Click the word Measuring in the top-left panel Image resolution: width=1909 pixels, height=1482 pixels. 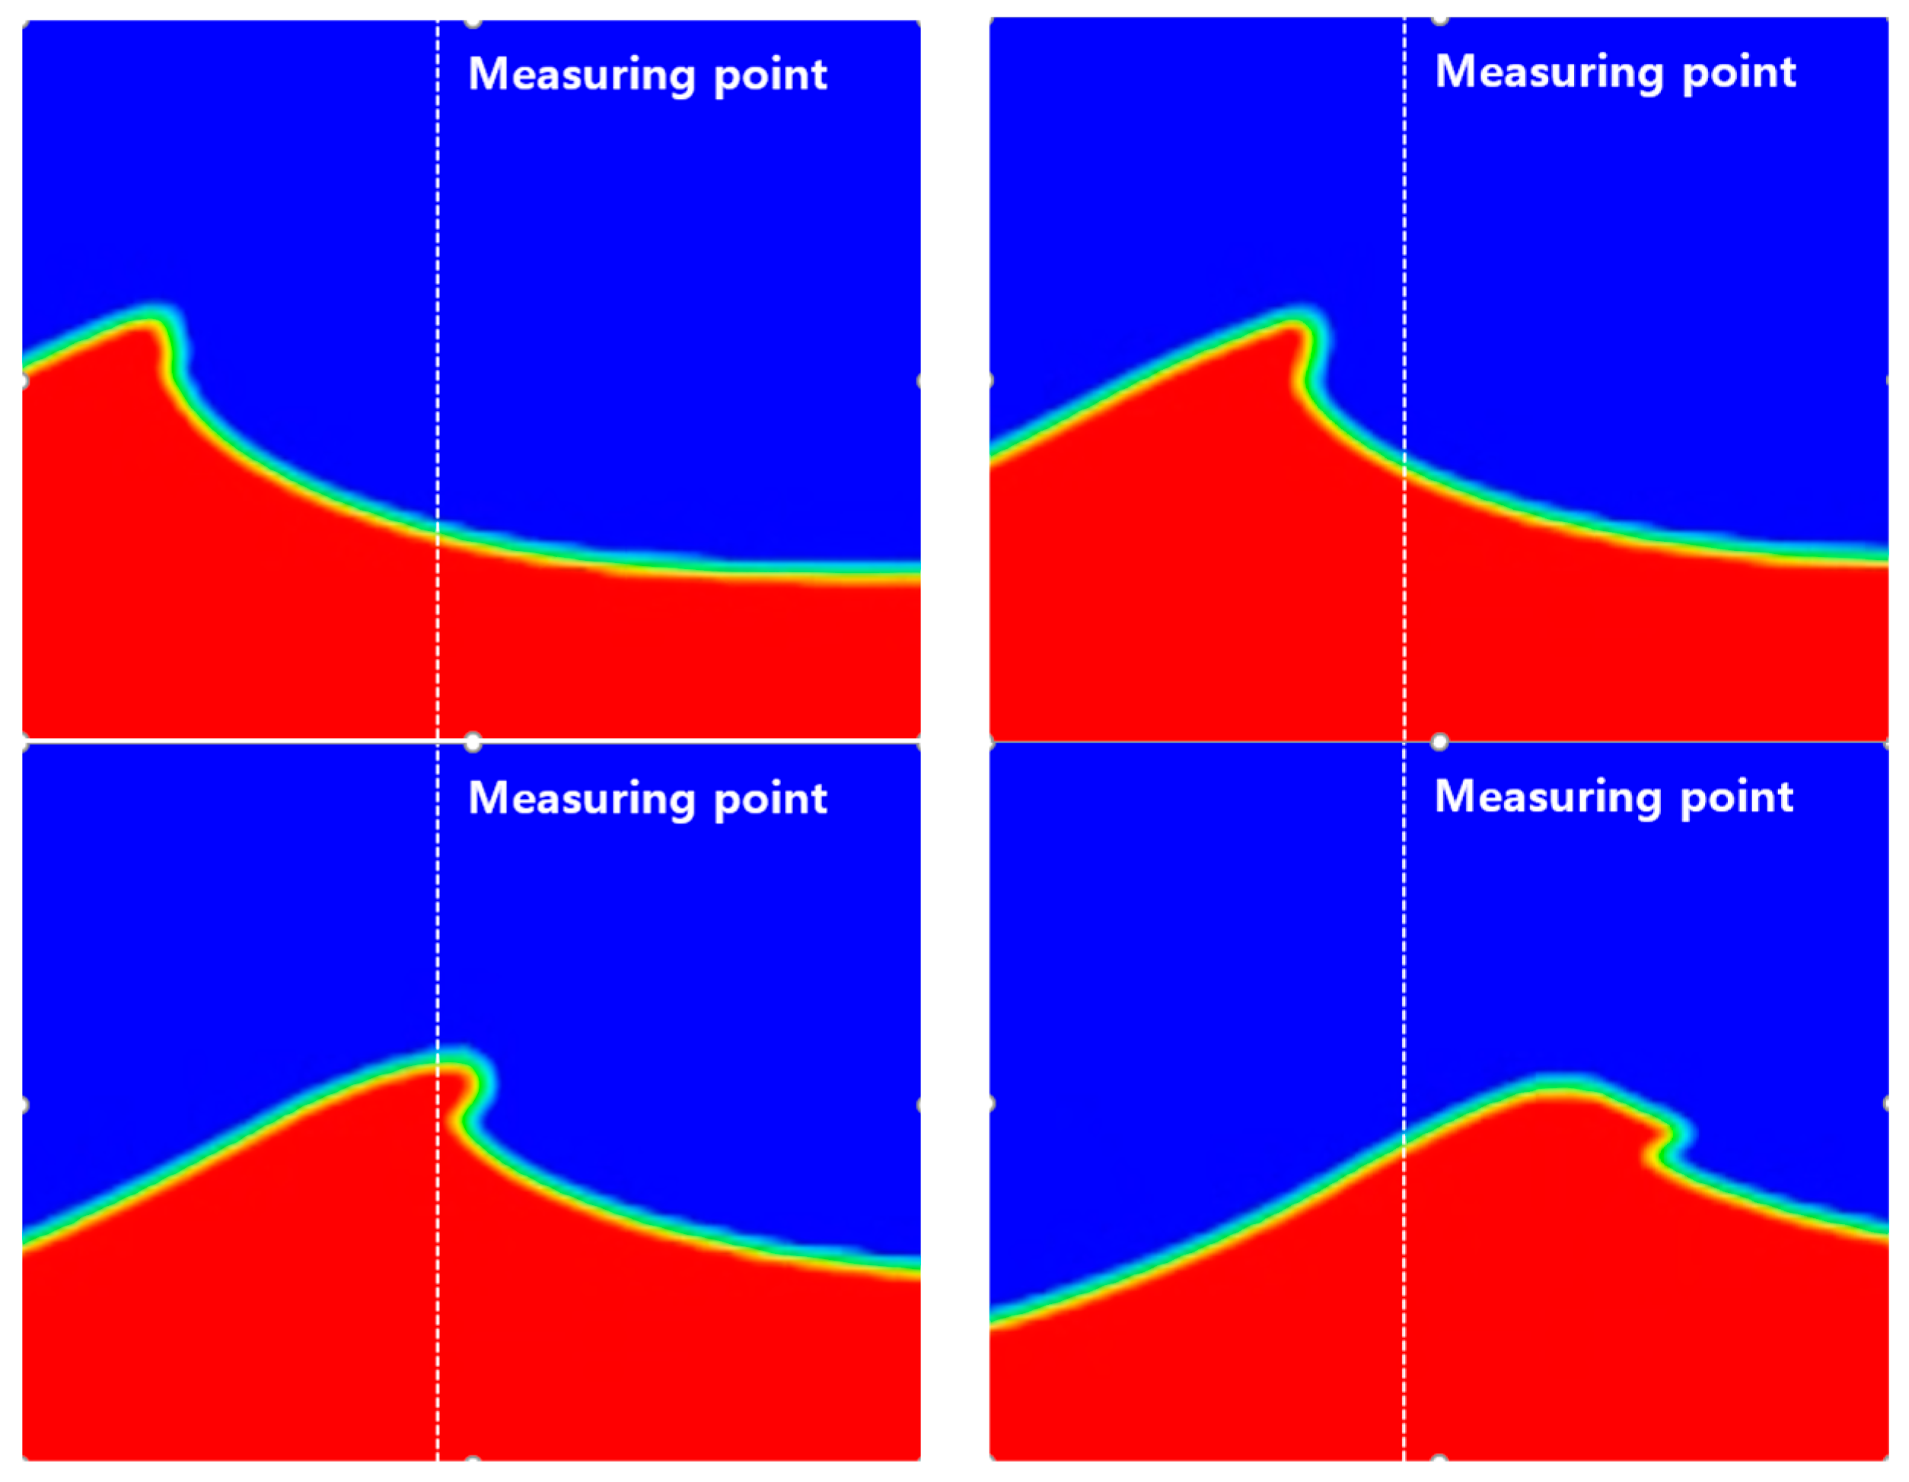[x=582, y=75]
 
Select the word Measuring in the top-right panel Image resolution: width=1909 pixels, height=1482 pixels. [x=1549, y=72]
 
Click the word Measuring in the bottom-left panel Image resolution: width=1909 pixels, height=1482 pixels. [x=582, y=800]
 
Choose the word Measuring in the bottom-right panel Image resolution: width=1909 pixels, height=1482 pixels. [x=1548, y=798]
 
